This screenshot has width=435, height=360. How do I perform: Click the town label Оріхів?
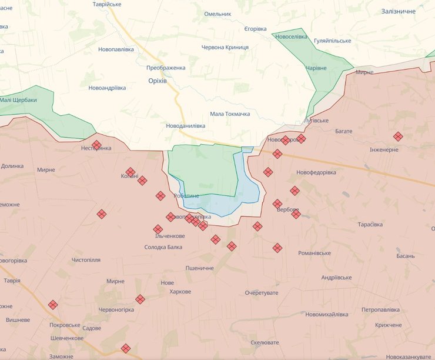tap(157, 81)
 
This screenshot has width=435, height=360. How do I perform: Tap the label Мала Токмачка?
tap(230, 114)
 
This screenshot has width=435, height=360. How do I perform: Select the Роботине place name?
tap(186, 196)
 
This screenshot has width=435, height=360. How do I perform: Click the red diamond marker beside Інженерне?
tap(398, 136)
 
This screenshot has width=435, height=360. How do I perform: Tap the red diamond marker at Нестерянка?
tap(96, 145)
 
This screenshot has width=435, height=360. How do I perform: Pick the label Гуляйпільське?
tap(332, 41)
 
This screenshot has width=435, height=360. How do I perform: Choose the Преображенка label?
tap(166, 68)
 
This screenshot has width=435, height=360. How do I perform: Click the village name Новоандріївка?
tap(107, 88)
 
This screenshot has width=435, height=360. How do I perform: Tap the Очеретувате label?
tap(262, 292)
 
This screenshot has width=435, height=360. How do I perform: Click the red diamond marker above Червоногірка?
tap(140, 299)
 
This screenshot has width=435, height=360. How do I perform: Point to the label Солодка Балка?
tap(163, 247)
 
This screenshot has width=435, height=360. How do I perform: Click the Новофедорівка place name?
tap(316, 172)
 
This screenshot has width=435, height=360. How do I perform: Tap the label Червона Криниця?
tap(225, 47)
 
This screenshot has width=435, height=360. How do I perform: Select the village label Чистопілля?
tap(86, 259)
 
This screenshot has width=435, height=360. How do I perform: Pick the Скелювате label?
tap(265, 342)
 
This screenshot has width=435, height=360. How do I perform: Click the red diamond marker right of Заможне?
tap(125, 348)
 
